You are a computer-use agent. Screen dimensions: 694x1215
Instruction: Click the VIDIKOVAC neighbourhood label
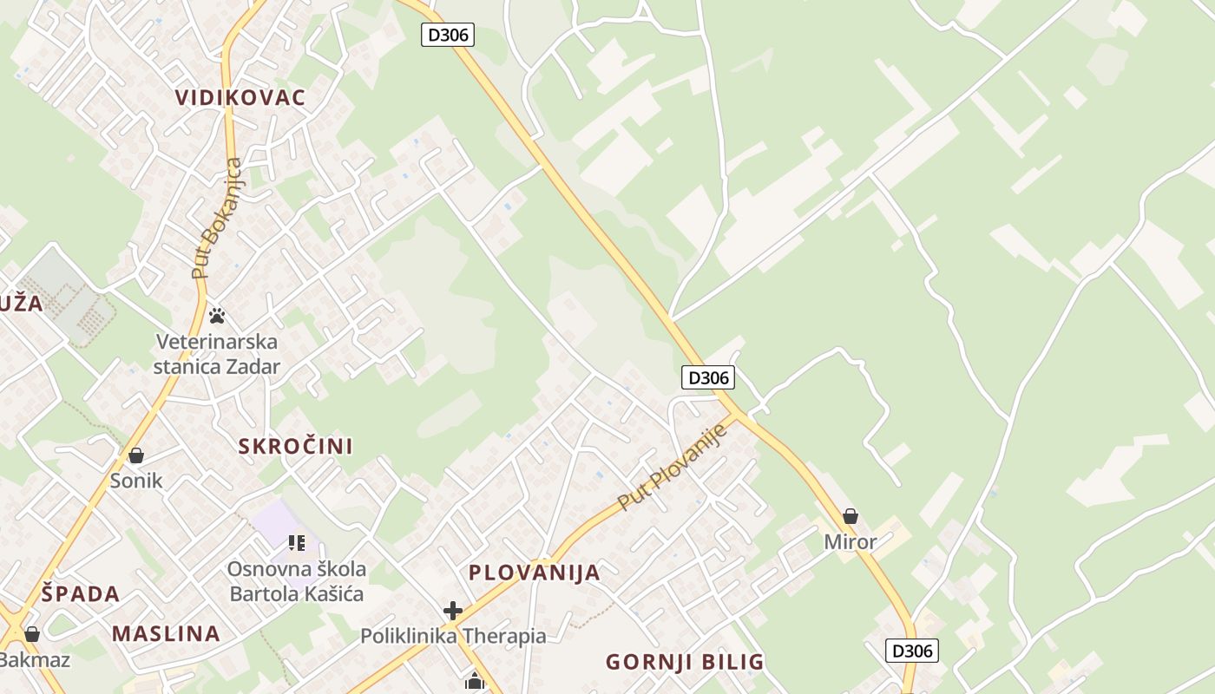[240, 97]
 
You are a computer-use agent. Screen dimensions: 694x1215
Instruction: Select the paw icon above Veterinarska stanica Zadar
[216, 316]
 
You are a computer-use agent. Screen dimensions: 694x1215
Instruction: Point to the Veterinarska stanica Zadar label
[216, 353]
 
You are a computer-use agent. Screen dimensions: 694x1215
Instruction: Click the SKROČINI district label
[295, 447]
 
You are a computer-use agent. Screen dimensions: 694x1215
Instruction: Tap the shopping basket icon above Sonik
[136, 455]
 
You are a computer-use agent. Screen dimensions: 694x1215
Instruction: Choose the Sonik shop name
[136, 481]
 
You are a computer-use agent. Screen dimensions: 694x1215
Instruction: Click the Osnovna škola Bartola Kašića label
[296, 582]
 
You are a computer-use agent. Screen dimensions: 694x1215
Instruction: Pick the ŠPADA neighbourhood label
[81, 594]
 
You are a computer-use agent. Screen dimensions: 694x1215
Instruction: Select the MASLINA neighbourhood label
[166, 633]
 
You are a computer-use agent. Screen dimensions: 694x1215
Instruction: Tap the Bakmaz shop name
[33, 659]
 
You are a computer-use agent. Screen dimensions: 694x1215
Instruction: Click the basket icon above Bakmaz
[32, 635]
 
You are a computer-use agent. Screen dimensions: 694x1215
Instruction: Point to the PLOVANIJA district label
[535, 573]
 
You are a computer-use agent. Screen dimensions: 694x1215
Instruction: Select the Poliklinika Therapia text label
[453, 636]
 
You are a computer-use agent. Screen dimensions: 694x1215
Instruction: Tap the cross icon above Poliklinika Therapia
[452, 611]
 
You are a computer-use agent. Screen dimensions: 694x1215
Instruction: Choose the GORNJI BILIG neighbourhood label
[685, 662]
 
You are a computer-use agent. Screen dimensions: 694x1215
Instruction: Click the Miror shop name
[850, 542]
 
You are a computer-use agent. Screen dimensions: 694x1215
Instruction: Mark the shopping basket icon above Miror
[850, 516]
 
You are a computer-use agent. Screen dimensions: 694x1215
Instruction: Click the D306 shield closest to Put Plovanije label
[707, 377]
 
